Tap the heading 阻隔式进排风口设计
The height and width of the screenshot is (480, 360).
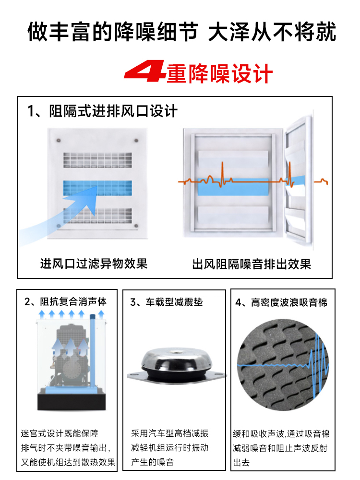click(x=113, y=111)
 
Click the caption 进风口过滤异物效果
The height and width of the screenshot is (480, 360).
click(x=94, y=264)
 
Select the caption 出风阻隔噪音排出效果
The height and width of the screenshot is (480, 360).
click(x=252, y=264)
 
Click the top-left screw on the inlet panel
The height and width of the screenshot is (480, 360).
click(x=58, y=141)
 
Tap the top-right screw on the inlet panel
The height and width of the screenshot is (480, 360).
click(x=136, y=141)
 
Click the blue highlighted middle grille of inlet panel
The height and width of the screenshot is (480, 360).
click(x=97, y=188)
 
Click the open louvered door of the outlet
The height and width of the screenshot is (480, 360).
click(x=298, y=178)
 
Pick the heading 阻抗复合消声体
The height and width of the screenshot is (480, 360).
click(x=73, y=302)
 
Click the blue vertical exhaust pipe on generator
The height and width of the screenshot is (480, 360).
click(x=93, y=352)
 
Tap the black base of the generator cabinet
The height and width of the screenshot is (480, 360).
click(x=72, y=402)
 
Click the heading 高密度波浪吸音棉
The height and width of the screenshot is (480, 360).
click(x=289, y=302)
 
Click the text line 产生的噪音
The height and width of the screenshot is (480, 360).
click(x=153, y=462)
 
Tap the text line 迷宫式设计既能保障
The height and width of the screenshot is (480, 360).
click(x=60, y=433)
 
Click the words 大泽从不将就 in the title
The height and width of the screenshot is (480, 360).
click(x=272, y=32)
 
